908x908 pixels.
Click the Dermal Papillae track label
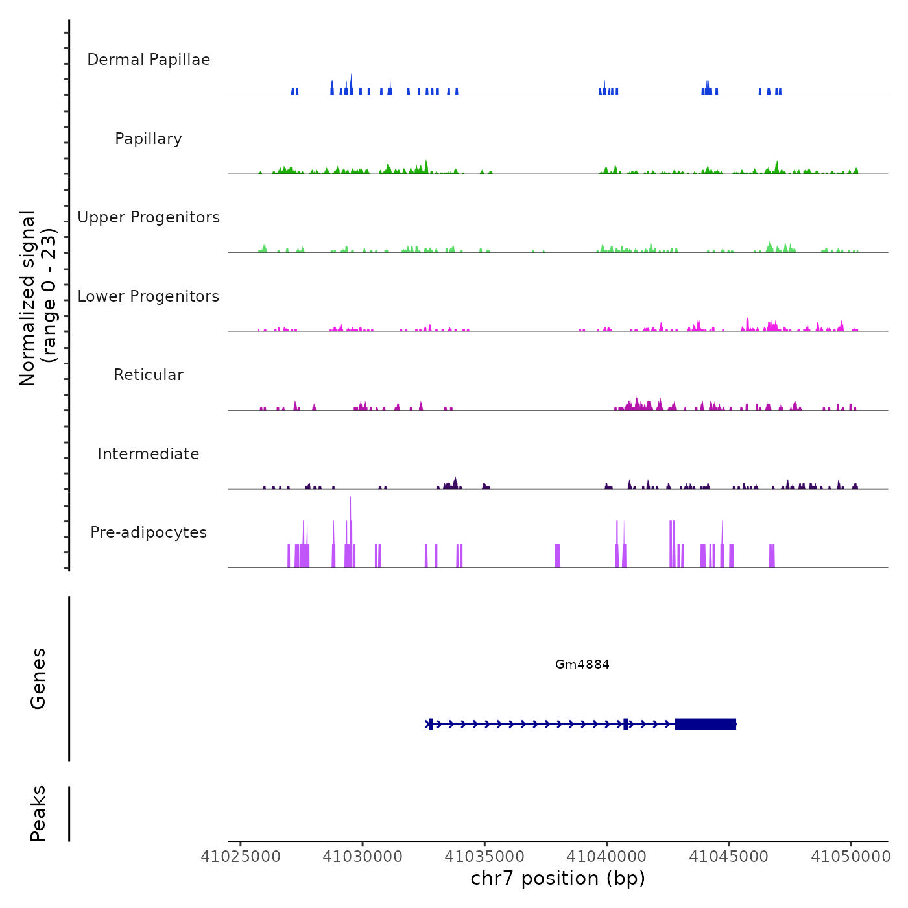[149, 60]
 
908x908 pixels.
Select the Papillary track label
[149, 139]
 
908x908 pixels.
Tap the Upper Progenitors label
[149, 217]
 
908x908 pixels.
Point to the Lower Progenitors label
[149, 296]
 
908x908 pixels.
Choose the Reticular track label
[149, 375]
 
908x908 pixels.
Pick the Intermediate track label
[149, 454]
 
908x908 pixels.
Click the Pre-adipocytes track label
[149, 532]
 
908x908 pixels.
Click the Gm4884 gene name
[582, 664]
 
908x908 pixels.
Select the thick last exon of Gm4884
[706, 724]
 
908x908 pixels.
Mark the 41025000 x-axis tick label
[241, 856]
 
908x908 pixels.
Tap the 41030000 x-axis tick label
[363, 856]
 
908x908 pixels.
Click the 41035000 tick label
[484, 856]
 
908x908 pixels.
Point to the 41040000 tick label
[606, 856]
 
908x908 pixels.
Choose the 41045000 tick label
[728, 856]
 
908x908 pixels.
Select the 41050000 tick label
[850, 856]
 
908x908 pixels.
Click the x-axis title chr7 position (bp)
[558, 878]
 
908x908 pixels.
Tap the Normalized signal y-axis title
[38, 298]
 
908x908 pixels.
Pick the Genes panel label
[38, 678]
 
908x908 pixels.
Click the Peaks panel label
[38, 813]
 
